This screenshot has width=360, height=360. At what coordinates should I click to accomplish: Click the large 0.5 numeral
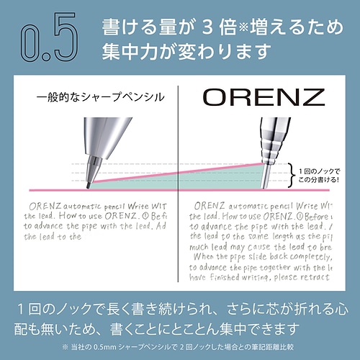coord(45,43)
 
